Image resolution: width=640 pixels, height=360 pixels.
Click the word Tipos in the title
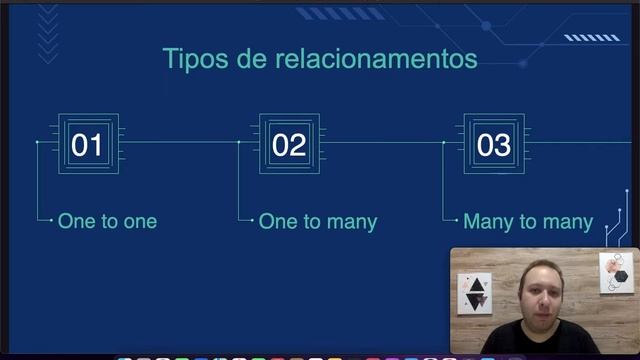[192, 59]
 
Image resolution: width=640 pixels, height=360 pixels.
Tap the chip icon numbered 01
[87, 145]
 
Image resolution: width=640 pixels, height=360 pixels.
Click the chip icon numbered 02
[289, 145]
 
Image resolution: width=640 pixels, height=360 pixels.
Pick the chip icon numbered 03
[494, 145]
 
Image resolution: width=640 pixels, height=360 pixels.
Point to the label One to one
[107, 221]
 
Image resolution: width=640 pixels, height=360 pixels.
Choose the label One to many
[317, 221]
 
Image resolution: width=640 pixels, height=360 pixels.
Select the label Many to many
[528, 221]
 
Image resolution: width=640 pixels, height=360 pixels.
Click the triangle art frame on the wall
[475, 294]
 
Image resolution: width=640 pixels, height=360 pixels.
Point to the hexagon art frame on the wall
[616, 272]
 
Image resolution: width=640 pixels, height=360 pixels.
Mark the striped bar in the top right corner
[591, 38]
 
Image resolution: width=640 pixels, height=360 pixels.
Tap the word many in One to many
[350, 222]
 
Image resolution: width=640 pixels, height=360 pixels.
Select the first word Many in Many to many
[487, 221]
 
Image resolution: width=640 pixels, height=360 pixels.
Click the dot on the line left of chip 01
[37, 142]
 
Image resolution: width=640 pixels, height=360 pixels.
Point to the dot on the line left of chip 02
[239, 142]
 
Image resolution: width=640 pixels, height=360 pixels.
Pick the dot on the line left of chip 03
[443, 142]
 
